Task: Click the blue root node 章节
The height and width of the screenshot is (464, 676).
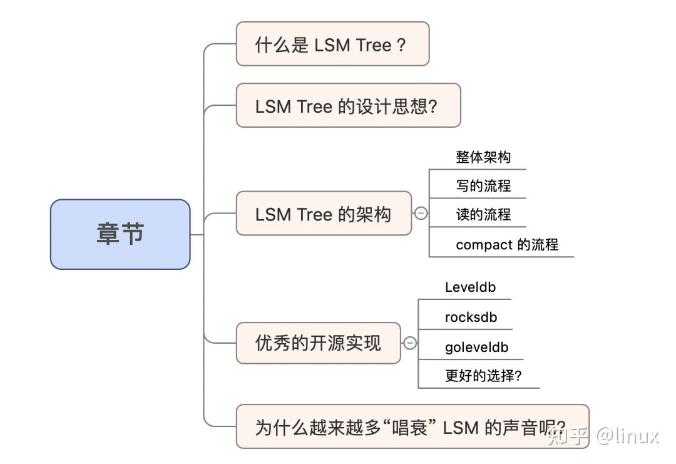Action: coord(120,234)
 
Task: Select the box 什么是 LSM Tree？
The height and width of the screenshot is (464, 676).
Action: coord(332,44)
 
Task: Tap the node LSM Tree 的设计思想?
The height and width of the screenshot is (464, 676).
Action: coord(348,105)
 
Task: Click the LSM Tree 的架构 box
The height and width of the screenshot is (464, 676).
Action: coord(324,214)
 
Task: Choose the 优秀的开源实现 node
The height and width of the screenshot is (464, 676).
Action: coord(318,343)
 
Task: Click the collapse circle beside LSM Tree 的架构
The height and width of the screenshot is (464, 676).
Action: coord(421,214)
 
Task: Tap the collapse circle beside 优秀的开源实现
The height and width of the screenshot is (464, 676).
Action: coord(410,343)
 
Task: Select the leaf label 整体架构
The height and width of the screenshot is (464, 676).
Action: coord(483,157)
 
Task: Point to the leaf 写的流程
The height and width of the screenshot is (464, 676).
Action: coord(483,185)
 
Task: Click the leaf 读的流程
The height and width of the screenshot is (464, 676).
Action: coord(483,214)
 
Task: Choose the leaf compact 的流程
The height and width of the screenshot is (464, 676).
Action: coord(506,244)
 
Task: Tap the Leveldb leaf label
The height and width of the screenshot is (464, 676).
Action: coord(470,287)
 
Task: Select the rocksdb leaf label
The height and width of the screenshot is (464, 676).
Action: coord(471,317)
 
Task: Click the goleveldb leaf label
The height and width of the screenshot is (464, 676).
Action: coord(476,347)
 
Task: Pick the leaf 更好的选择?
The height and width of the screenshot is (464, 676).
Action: coord(483,376)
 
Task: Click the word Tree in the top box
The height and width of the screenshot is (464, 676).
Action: coord(374,44)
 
